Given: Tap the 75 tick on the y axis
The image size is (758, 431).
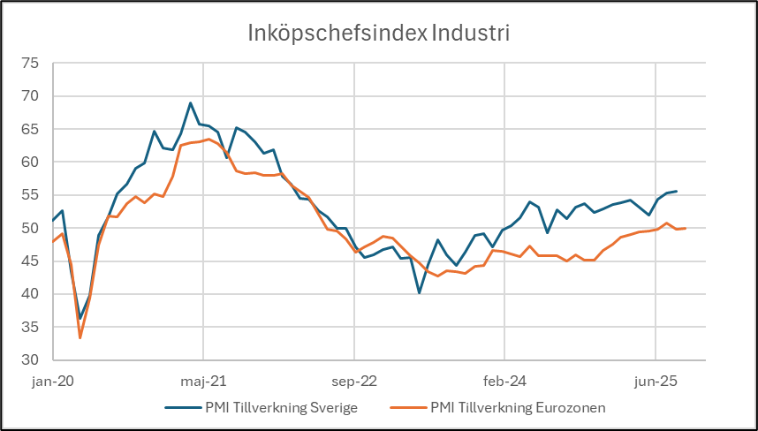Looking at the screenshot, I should coord(31,64).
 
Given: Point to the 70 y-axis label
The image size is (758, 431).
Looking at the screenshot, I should coord(31,96).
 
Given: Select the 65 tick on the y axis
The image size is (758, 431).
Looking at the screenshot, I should coord(31,129).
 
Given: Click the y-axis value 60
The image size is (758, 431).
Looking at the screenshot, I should coord(31,163).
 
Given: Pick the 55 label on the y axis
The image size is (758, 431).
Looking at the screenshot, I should coord(31,195).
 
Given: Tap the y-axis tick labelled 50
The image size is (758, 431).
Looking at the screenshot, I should coord(31,228).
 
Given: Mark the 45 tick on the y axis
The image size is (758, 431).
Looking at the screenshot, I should coord(31,261).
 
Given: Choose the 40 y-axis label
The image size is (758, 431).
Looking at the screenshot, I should coord(31,294).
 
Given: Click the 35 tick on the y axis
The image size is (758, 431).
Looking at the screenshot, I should coord(31,327).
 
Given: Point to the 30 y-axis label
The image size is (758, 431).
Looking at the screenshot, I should coord(31,360).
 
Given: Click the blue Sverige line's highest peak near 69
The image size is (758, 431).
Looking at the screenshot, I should coord(190,103).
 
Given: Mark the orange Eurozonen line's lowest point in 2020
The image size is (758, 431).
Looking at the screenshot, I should coord(80,337).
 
